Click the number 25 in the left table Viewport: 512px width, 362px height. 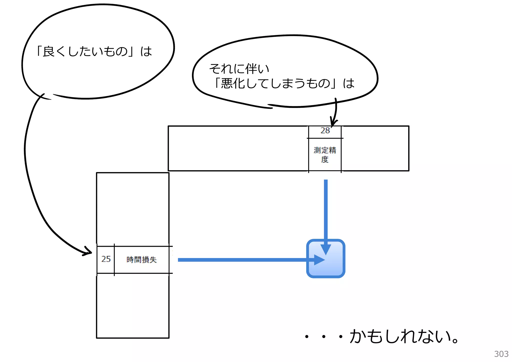106,259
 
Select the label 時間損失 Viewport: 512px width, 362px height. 141,260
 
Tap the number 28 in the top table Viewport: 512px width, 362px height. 325,130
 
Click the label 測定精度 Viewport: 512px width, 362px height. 325,154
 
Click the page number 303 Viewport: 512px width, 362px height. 501,354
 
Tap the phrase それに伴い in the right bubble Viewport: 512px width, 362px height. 239,69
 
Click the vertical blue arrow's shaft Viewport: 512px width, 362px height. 326,210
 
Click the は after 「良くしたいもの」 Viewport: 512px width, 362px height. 146,51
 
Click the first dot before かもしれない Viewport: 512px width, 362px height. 307,337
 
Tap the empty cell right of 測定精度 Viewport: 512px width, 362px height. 375,148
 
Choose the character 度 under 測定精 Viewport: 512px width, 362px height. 325,159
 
